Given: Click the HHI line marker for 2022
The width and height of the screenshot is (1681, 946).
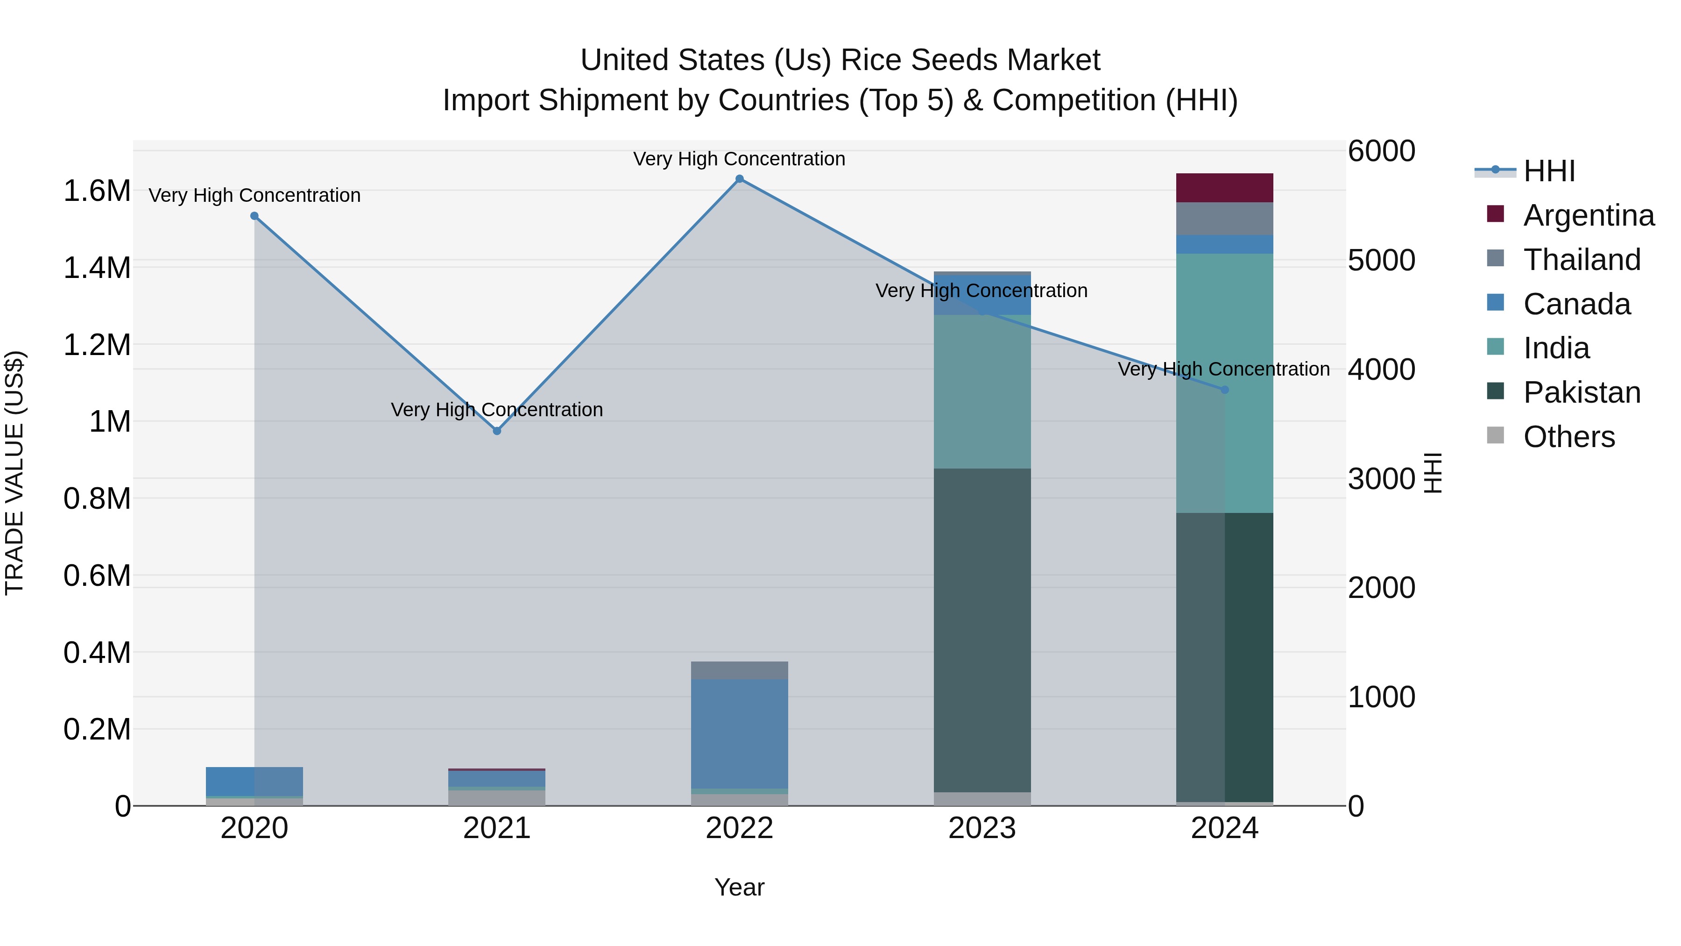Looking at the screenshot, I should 739,179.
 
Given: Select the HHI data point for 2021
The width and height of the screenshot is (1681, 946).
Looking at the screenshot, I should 497,431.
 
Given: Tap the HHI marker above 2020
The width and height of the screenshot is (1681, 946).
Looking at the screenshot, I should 254,216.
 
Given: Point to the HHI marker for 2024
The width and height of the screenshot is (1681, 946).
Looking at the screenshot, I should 1224,390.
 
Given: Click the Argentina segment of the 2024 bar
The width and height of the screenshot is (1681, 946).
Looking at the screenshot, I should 1224,188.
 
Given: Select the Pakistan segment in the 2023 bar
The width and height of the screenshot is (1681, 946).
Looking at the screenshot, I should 982,630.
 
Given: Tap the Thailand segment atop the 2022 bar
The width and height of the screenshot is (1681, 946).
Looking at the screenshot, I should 739,670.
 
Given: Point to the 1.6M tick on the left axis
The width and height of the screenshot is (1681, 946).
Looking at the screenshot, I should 97,191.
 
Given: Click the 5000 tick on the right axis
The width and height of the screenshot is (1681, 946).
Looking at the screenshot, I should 1382,261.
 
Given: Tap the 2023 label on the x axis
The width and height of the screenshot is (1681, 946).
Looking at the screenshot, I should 982,828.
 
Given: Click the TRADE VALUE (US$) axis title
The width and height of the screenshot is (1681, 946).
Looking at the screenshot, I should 15,473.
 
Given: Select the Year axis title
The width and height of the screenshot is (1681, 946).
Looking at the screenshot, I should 739,887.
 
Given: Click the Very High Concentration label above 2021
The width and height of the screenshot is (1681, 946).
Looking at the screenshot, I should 497,410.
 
